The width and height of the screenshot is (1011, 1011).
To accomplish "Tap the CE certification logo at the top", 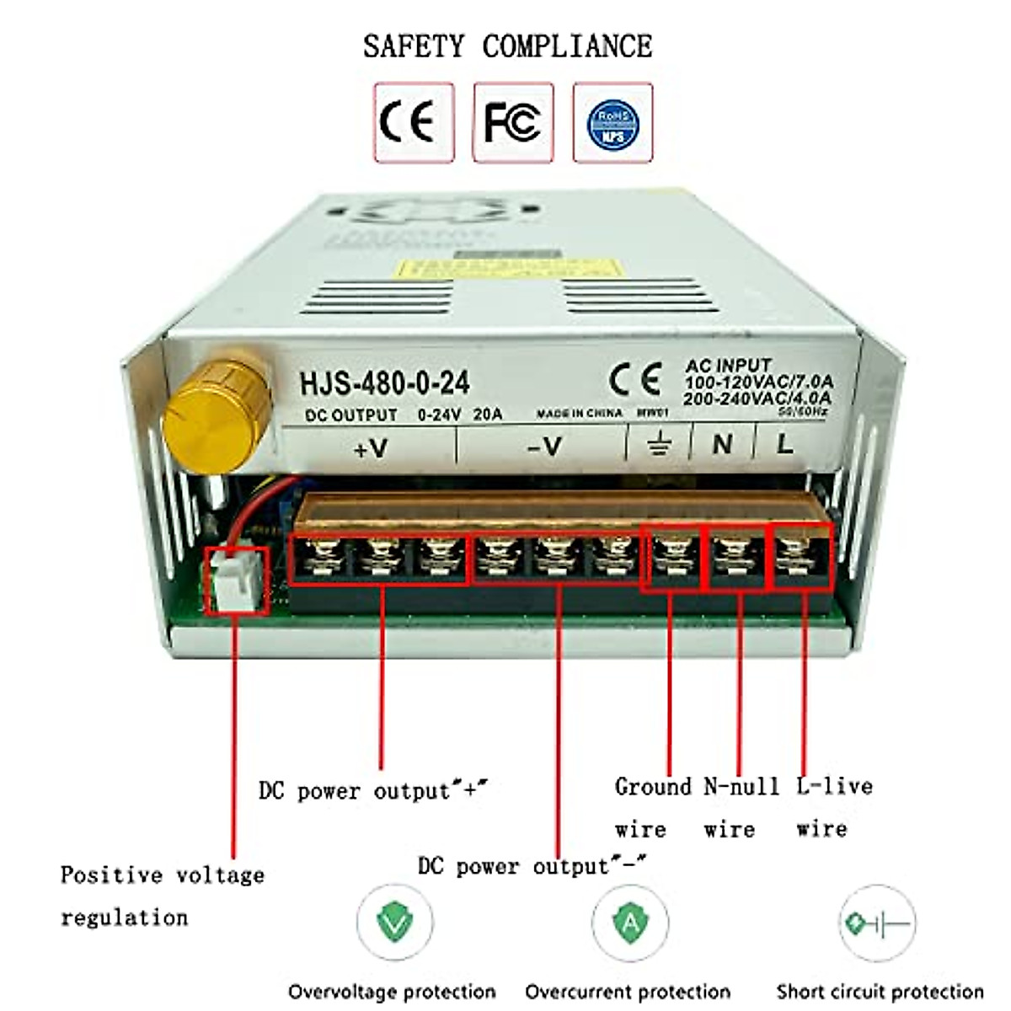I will (413, 121).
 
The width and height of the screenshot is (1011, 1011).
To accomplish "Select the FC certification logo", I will (512, 121).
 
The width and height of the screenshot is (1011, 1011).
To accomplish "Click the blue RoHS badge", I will (612, 123).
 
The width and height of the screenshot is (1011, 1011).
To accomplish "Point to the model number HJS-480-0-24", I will (384, 383).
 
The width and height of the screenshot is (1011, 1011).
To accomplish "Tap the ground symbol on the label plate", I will (660, 443).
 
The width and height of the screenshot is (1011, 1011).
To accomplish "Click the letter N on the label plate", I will (722, 443).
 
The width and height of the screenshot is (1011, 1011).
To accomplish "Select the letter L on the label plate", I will (784, 443).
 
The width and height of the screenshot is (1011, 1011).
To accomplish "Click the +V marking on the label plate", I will (370, 447).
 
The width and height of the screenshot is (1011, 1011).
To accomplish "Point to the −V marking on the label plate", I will (544, 446).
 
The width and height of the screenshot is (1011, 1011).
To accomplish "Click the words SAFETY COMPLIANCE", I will (507, 45).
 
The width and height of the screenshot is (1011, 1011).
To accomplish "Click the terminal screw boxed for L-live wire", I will (801, 556).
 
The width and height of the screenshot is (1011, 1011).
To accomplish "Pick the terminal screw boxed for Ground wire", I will (671, 556).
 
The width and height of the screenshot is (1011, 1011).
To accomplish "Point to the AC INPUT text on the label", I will (728, 366).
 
